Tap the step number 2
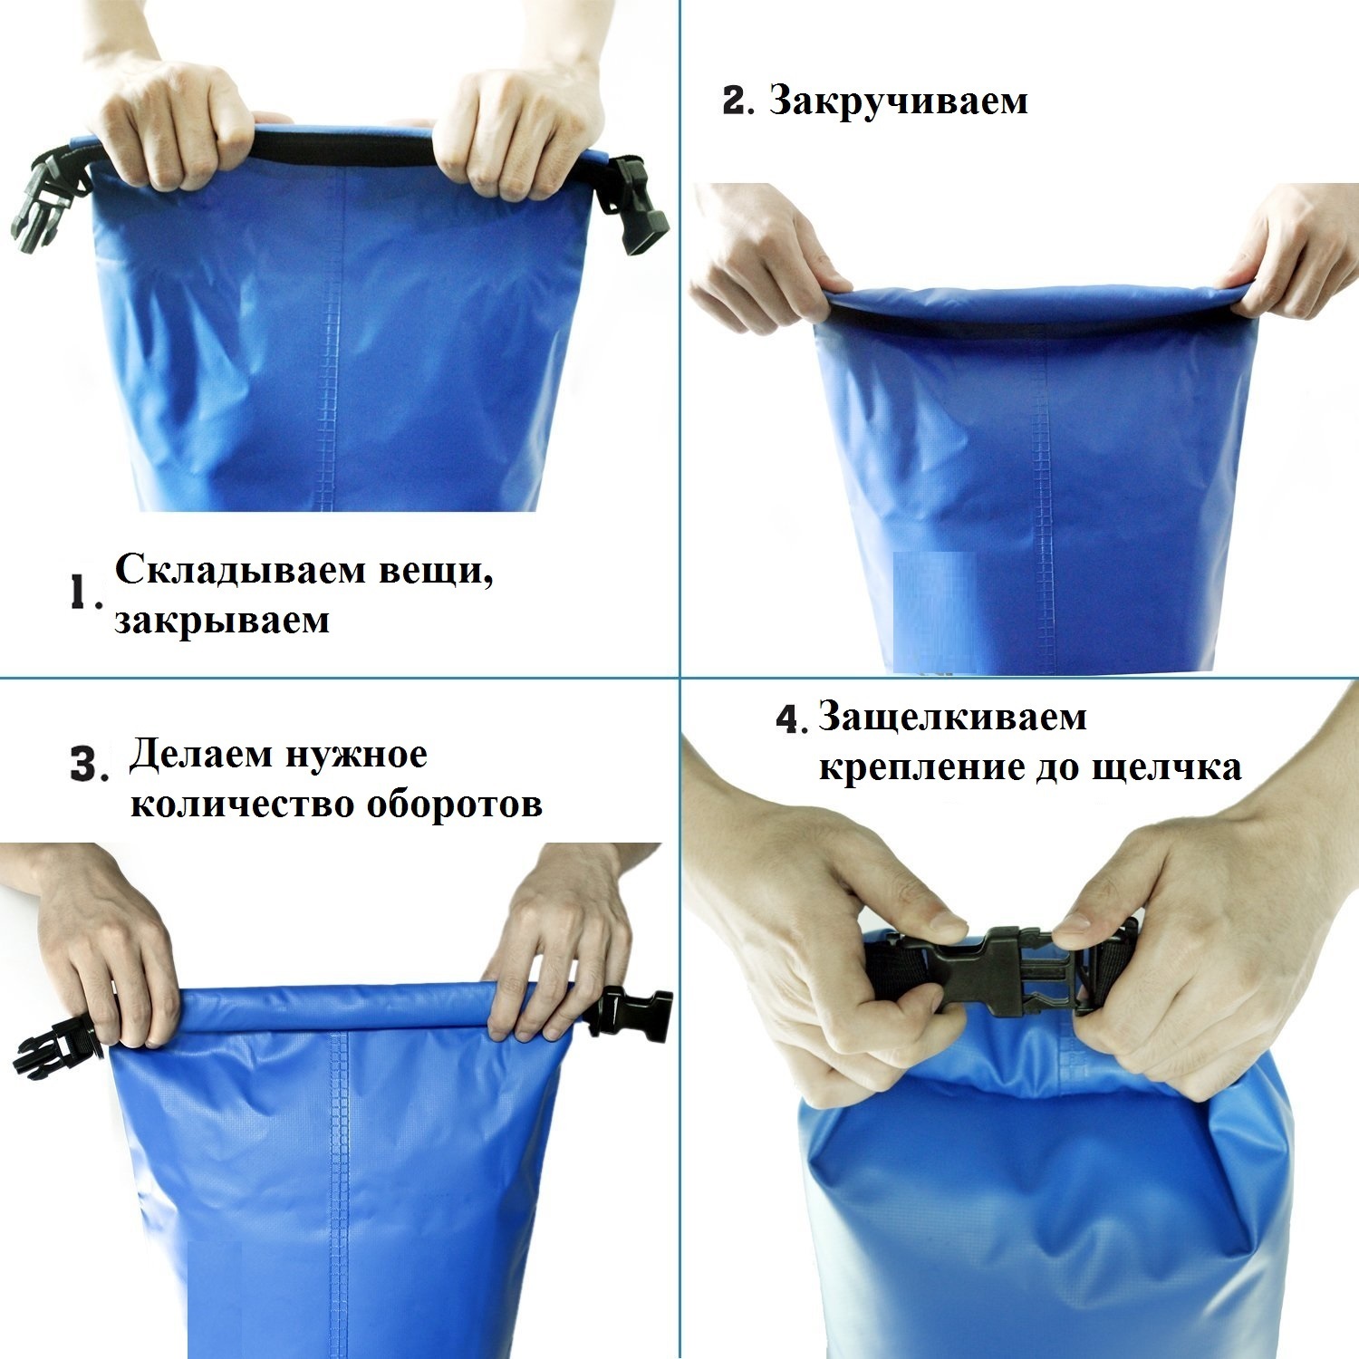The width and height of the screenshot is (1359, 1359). [x=733, y=101]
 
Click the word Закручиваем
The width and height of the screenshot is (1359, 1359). [x=899, y=102]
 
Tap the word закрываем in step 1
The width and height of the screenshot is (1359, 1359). [x=221, y=621]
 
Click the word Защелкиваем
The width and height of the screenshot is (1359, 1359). [x=952, y=718]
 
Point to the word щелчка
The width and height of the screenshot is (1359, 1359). [x=1167, y=769]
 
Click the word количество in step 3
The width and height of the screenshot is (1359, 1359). [x=244, y=805]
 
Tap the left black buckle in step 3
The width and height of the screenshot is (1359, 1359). [x=59, y=1045]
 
